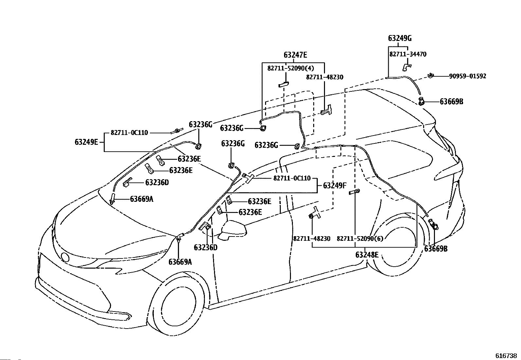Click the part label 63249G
pos(400,38)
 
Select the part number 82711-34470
pos(408,54)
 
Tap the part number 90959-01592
pos(468,76)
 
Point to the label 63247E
pos(295,55)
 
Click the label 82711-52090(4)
pos(291,68)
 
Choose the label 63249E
pos(86,142)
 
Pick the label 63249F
pos(335,185)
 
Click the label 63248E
pos(367,255)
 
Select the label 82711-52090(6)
pos(360,238)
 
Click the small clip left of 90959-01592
pos(431,75)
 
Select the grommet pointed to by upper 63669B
pos(422,101)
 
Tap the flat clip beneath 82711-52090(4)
pos(283,84)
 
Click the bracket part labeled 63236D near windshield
pos(127,182)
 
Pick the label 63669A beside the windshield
pos(141,199)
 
